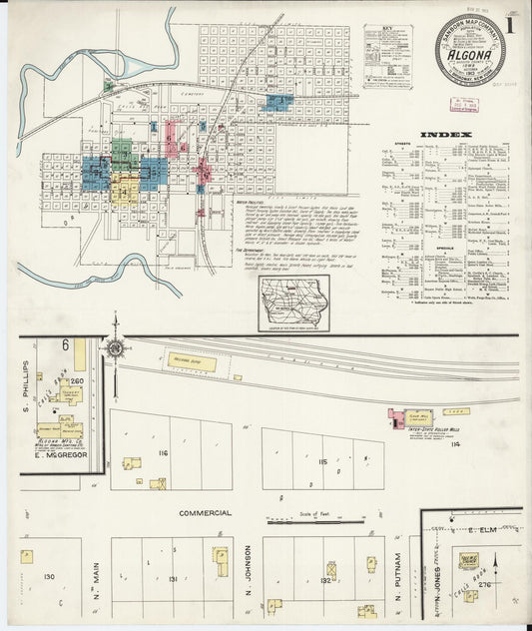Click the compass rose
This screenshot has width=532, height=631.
tap(116, 348)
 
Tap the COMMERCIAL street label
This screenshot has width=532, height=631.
tap(206, 513)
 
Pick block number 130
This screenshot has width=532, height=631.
tap(47, 576)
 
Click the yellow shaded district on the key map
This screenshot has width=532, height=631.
tap(124, 190)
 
